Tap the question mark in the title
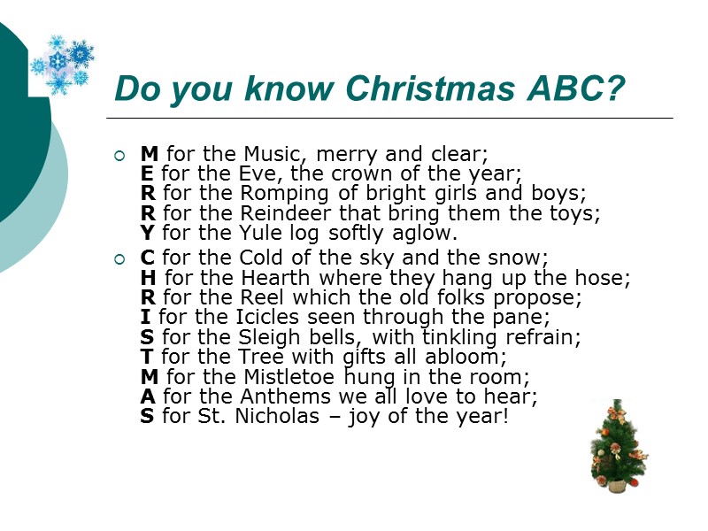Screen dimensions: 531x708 [x=616, y=89]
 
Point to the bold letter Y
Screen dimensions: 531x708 [x=147, y=234]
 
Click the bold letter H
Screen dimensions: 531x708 [x=149, y=278]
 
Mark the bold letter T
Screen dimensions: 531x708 [x=147, y=356]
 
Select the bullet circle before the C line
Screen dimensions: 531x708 [x=119, y=259]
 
